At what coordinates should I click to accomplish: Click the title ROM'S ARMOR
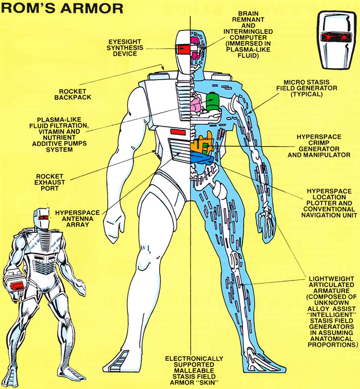point(62,8)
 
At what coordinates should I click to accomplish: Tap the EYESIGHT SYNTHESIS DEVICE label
point(125,48)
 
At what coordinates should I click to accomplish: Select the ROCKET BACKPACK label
point(72,94)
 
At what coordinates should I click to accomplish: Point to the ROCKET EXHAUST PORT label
point(50,182)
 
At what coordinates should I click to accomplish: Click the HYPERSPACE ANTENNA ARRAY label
point(77,219)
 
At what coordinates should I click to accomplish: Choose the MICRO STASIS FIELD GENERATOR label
point(307,88)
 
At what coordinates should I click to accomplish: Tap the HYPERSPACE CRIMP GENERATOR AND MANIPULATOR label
point(319,146)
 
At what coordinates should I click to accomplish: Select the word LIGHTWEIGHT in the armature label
point(331,279)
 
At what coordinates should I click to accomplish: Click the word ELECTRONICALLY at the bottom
point(194,359)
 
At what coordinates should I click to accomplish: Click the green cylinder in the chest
point(212,102)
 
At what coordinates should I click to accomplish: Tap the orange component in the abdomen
point(203,145)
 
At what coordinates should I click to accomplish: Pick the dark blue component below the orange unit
point(202,159)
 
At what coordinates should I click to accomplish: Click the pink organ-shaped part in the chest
point(196,105)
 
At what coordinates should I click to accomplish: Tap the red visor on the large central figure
point(184,49)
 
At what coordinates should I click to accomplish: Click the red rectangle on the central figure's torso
point(178,132)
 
